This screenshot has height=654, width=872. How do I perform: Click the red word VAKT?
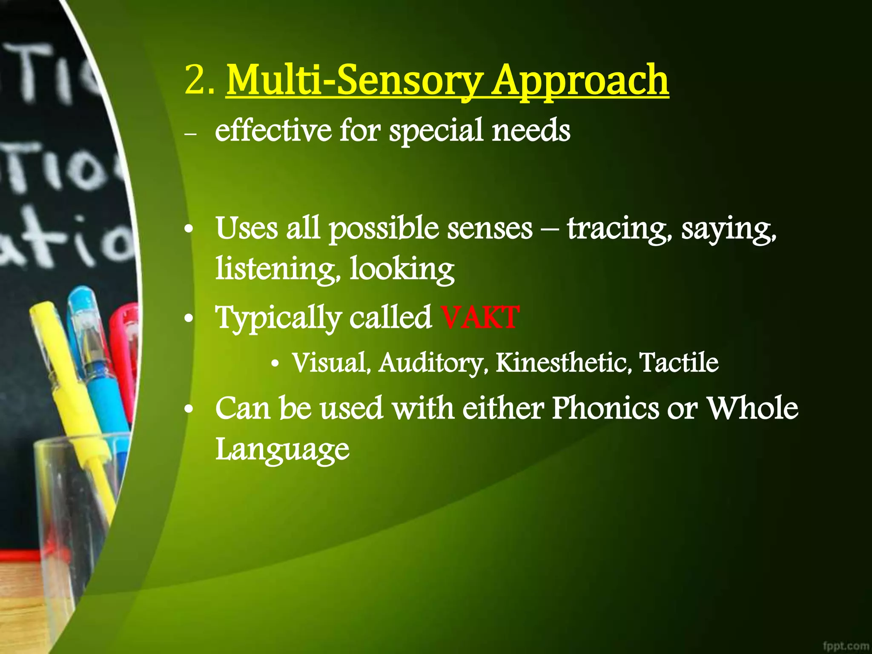pyautogui.click(x=480, y=317)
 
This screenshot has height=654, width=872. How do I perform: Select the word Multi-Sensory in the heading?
pyautogui.click(x=355, y=80)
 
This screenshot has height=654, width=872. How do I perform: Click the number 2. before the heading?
pyautogui.click(x=199, y=80)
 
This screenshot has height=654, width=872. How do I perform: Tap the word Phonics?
pyautogui.click(x=605, y=408)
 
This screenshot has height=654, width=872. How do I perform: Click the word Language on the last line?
pyautogui.click(x=282, y=449)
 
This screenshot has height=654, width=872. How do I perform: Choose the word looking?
pyautogui.click(x=402, y=270)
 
